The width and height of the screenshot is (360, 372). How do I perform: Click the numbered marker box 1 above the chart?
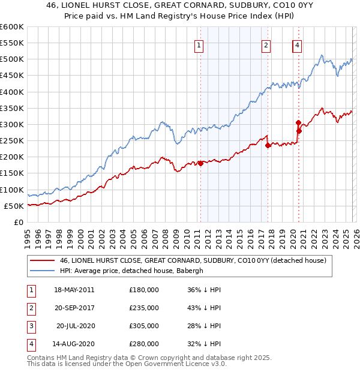coord(199,44)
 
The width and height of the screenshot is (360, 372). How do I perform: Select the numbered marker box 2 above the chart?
coord(266,44)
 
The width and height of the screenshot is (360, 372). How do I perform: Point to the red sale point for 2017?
coord(268,145)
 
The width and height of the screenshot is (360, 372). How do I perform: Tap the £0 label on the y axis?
coord(17,222)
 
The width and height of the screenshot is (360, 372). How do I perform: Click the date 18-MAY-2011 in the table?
coord(74,289)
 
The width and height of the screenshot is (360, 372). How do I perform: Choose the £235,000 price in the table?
coord(144,307)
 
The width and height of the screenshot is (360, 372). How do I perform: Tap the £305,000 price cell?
coord(144,326)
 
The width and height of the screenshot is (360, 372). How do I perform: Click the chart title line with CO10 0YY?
coord(180,5)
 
